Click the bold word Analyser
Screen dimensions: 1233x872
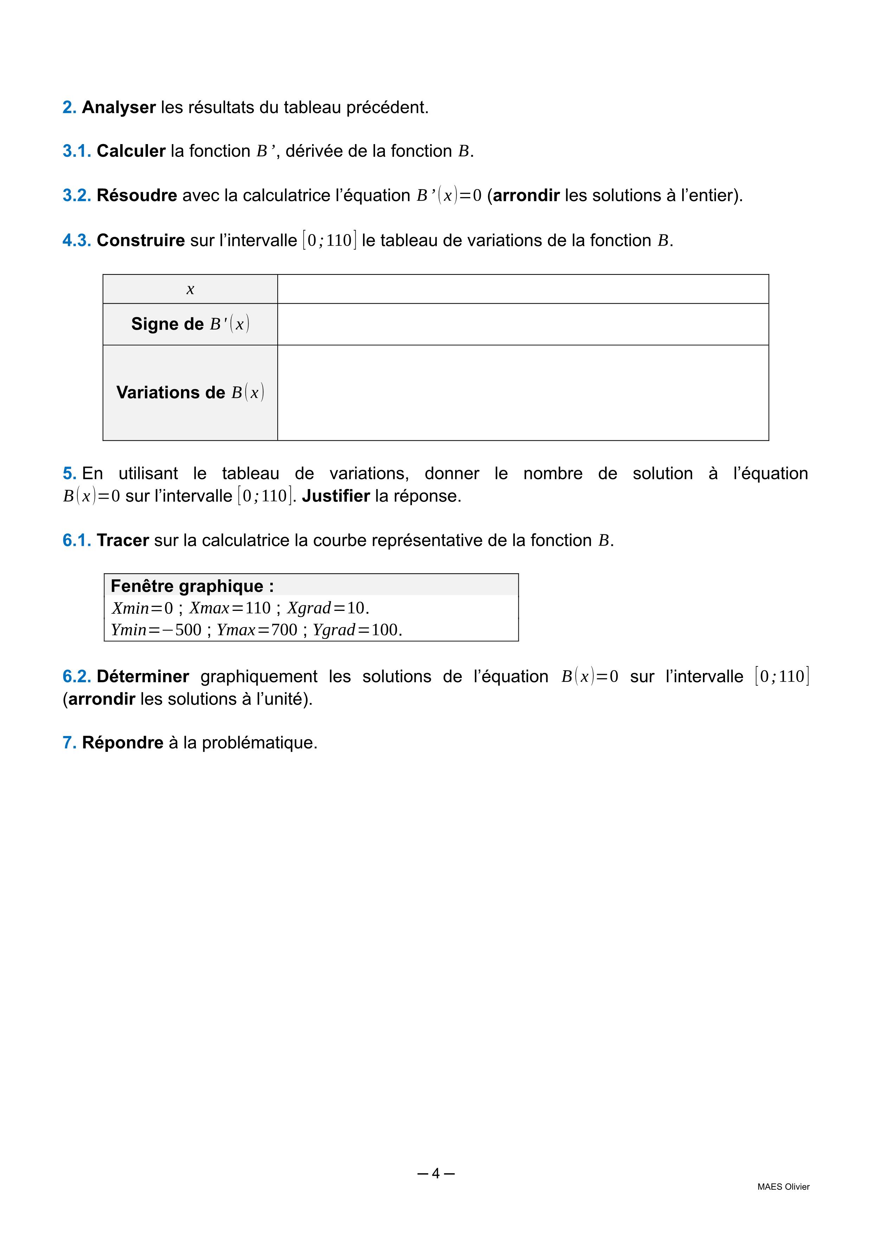pos(119,108)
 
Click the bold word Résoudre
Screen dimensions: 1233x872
pos(137,195)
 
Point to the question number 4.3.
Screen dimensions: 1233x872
pos(77,240)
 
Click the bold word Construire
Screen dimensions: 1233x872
pos(141,240)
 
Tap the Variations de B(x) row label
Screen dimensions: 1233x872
pos(190,393)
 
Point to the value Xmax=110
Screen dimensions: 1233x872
pos(230,608)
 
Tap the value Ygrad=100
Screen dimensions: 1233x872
pos(357,630)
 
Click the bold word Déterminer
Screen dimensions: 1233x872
pos(143,677)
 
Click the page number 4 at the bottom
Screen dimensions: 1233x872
pos(435,1174)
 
